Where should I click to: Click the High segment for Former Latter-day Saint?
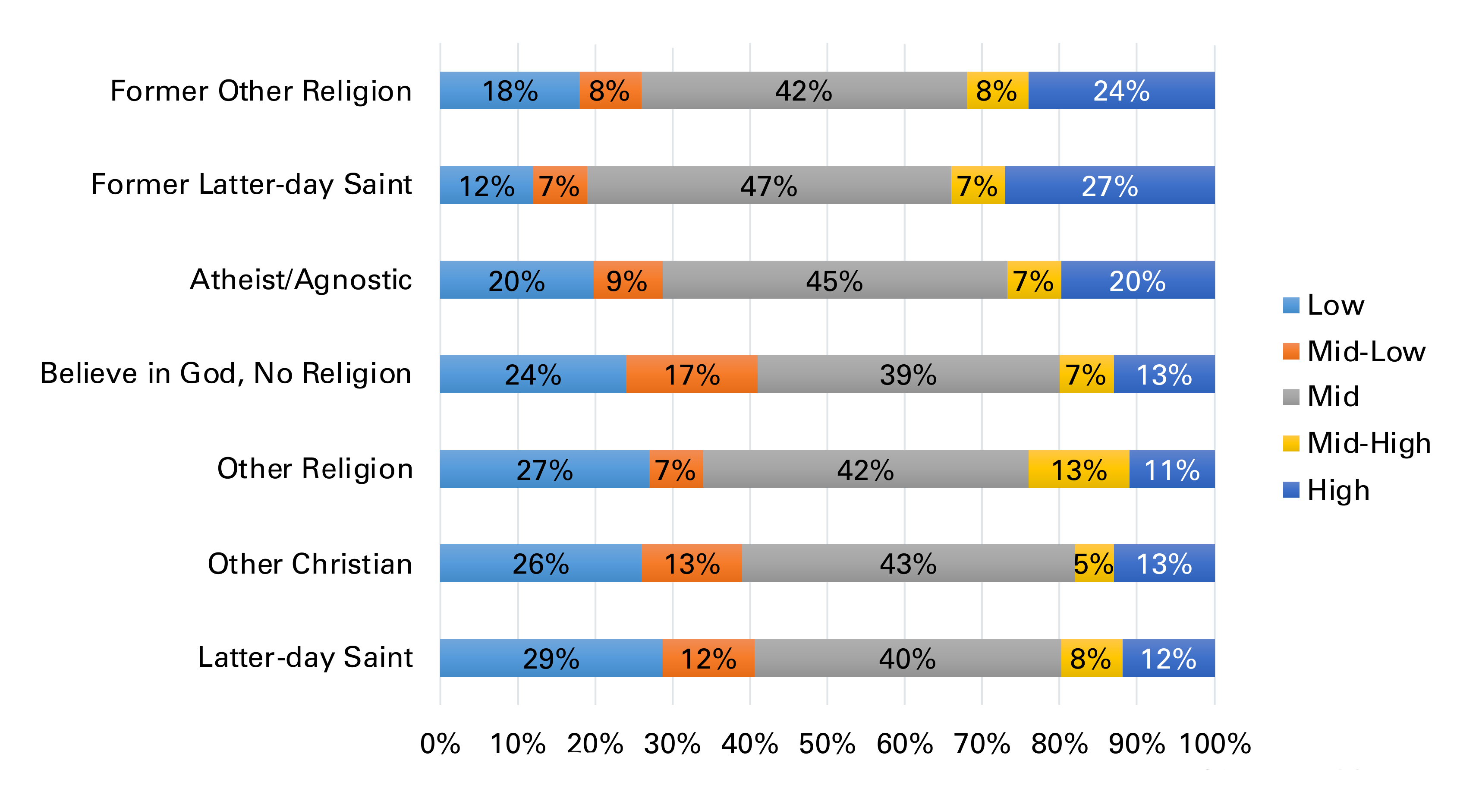1109,185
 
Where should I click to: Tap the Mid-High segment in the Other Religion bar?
1078,469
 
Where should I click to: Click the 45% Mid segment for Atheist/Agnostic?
834,280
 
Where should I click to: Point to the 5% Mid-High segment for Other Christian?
1094,563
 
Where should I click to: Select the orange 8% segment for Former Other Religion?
610,90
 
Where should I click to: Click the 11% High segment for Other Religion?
1171,469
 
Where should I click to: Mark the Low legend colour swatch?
1291,305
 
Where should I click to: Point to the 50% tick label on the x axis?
827,743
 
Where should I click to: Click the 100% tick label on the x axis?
1215,743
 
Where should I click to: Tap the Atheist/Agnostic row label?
300,280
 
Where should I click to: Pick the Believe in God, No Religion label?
226,373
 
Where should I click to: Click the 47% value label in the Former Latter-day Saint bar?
768,186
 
